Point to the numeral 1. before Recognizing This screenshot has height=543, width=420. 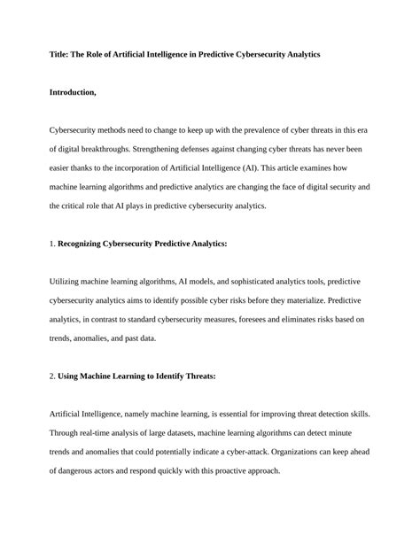pos(51,243)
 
